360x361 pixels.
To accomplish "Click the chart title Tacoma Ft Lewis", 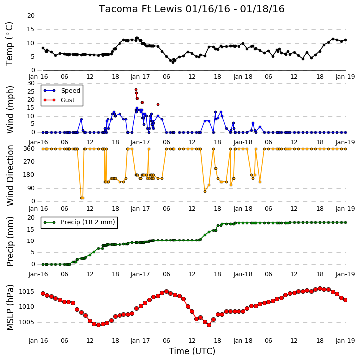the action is click(x=141, y=9).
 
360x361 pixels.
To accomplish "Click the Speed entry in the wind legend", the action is click(x=70, y=91).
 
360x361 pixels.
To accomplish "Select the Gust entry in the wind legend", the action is click(x=68, y=100).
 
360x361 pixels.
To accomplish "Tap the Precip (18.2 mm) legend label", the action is click(x=88, y=222).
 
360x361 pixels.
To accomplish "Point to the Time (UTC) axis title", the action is click(x=192, y=351).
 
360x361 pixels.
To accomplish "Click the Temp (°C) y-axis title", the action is click(x=10, y=44).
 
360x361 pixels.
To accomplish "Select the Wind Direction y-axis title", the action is click(x=10, y=175).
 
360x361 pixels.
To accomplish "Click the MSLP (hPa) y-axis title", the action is click(x=10, y=307).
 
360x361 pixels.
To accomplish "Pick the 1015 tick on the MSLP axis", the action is click(x=27, y=292).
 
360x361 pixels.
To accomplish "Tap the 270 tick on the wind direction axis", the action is click(x=29, y=162).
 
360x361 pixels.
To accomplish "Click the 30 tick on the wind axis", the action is click(x=31, y=83).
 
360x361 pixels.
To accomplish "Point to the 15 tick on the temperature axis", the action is click(x=31, y=29).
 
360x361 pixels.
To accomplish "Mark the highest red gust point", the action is click(x=136, y=89).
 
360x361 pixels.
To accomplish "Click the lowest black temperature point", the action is click(x=173, y=62).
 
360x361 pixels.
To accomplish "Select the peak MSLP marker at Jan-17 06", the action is click(x=167, y=291).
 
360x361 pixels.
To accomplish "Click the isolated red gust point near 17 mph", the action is click(x=158, y=104).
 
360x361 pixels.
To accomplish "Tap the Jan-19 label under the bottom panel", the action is click(x=345, y=341).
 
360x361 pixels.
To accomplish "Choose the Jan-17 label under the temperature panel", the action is click(x=140, y=77).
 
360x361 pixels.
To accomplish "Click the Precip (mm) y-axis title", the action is click(x=10, y=241).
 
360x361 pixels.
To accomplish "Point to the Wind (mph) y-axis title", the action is click(x=10, y=110).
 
